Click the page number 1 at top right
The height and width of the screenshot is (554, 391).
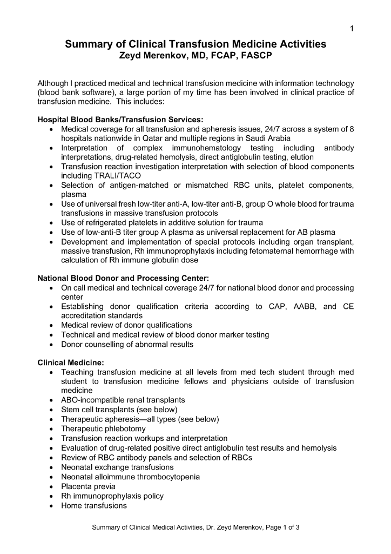[x=352, y=29]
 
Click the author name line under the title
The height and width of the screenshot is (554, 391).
[x=195, y=56]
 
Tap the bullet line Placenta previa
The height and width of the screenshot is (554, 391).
[x=88, y=486]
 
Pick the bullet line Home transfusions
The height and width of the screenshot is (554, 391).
[x=94, y=506]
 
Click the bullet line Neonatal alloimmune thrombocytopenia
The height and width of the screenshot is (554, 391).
[x=130, y=477]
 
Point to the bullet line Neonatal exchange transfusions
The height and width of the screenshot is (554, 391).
[x=117, y=467]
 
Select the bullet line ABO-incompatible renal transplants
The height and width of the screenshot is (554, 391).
[x=123, y=400]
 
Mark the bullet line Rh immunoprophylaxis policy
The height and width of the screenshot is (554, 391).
[x=112, y=496]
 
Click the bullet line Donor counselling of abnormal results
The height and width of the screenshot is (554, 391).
[x=127, y=344]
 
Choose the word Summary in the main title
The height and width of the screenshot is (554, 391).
[x=89, y=44]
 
